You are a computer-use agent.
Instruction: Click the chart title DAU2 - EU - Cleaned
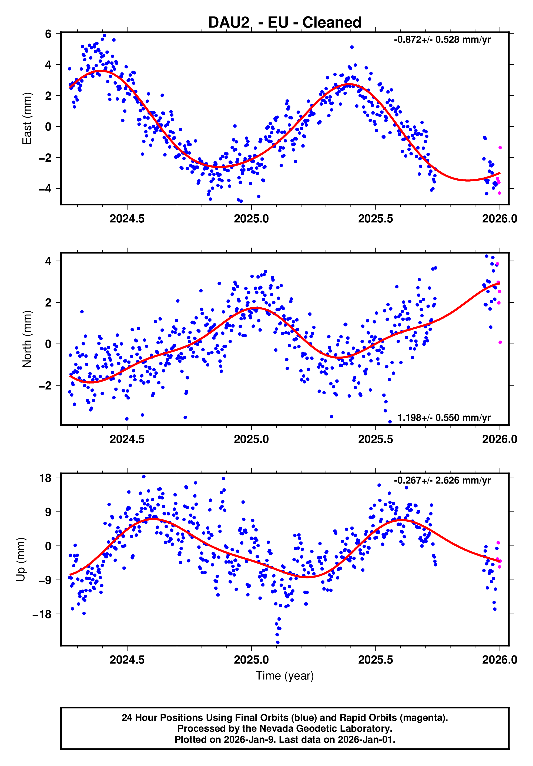[x=284, y=23]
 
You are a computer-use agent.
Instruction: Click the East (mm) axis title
[x=27, y=118]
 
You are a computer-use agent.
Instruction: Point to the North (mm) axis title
[x=27, y=339]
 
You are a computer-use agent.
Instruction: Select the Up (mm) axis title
[x=21, y=559]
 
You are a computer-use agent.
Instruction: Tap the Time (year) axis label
[x=284, y=675]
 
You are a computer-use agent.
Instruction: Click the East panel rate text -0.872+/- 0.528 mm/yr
[x=442, y=40]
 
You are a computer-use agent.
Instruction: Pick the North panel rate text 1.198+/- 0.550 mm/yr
[x=444, y=418]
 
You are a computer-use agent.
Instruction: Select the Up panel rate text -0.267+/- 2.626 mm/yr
[x=442, y=480]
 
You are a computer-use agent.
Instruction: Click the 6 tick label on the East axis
[x=48, y=34]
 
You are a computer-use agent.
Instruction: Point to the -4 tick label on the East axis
[x=45, y=188]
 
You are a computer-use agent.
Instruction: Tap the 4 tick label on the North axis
[x=48, y=261]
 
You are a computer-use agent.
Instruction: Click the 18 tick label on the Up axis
[x=45, y=478]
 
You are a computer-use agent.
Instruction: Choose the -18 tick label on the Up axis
[x=42, y=614]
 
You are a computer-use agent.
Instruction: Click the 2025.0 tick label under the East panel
[x=251, y=219]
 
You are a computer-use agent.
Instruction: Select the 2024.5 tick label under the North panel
[x=127, y=439]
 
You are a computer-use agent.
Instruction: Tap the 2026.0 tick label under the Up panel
[x=499, y=660]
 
